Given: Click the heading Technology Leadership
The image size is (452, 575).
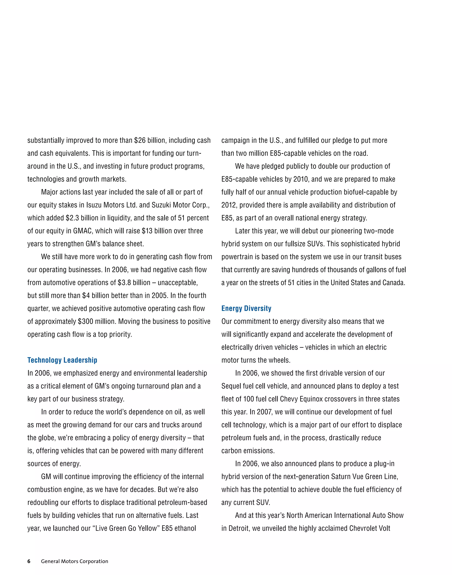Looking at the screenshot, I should (62, 360).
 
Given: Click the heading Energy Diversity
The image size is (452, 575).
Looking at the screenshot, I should (246, 308).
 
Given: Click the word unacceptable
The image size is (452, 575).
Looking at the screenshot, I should (178, 283).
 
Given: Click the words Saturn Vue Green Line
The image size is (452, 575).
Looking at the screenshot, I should (364, 477).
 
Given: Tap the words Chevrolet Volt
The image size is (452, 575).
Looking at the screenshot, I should (370, 528).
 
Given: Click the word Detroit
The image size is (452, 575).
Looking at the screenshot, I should (239, 528).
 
